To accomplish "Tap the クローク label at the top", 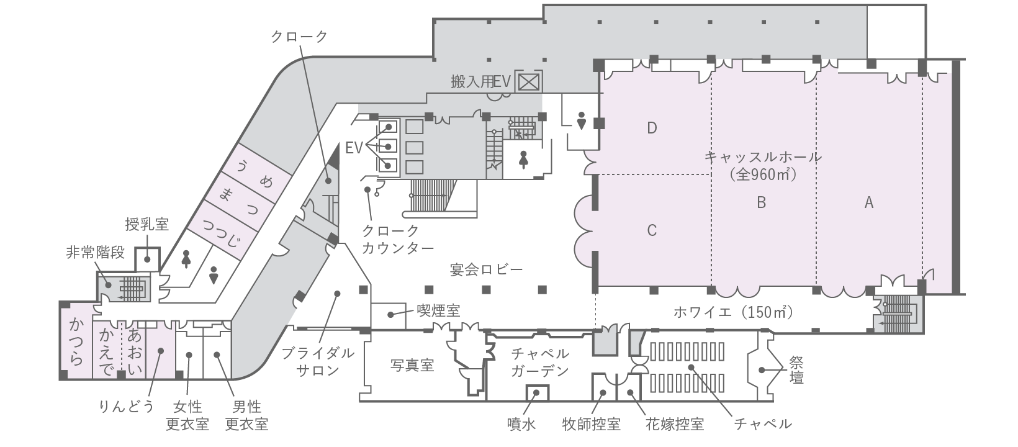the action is [x=299, y=37].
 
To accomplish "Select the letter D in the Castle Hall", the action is [x=652, y=129].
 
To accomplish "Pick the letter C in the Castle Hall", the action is [x=652, y=230].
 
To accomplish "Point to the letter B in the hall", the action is [x=762, y=202].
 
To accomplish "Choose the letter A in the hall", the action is [x=869, y=202].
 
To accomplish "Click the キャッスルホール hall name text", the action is [x=763, y=157].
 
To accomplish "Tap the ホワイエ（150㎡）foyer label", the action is [x=733, y=312].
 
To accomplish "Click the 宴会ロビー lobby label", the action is [x=486, y=269].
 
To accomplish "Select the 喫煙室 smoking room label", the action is [x=439, y=311].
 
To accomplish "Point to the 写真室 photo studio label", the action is [x=412, y=365].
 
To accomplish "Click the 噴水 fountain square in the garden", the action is [x=537, y=392].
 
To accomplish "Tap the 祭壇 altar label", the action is [x=796, y=369].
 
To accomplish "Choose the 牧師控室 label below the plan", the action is [x=592, y=424].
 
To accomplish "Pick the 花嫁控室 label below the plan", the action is [x=675, y=424].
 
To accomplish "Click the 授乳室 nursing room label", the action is [x=146, y=224].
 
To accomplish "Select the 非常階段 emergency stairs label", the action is [x=96, y=253].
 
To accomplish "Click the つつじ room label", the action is [x=222, y=232].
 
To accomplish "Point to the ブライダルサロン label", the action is [x=318, y=361].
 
